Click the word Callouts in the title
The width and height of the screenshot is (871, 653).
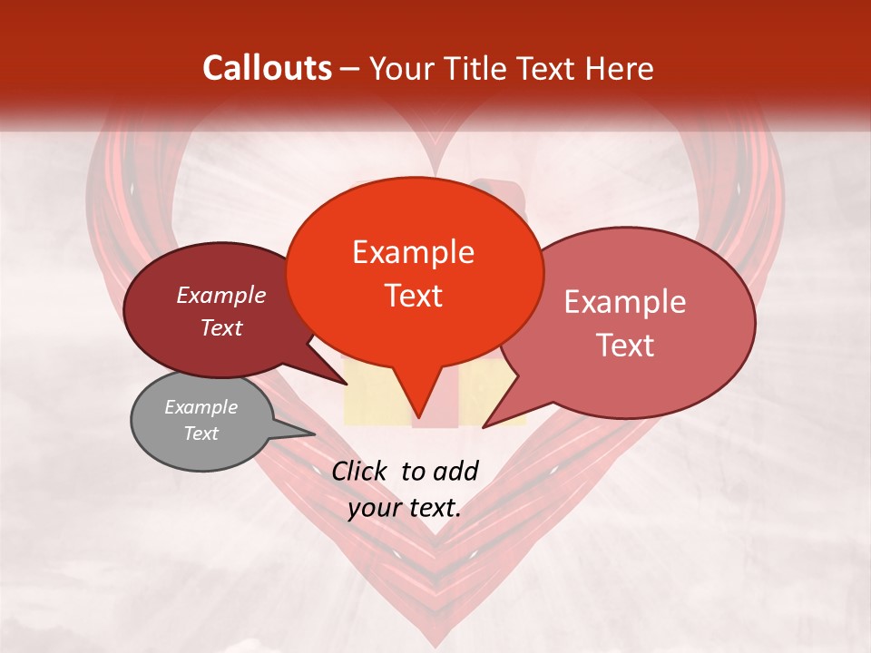click(267, 68)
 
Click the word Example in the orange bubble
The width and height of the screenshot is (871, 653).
click(413, 252)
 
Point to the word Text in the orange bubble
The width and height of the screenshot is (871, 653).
click(413, 296)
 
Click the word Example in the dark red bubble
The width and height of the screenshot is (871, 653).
click(220, 295)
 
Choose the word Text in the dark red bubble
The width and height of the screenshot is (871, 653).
click(220, 327)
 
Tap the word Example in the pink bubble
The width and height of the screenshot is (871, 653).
click(624, 302)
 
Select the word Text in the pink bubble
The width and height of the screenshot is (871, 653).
click(624, 346)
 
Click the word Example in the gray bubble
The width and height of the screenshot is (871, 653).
click(201, 407)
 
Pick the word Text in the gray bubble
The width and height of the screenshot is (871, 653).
click(201, 434)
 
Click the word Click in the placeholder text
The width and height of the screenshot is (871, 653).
click(361, 471)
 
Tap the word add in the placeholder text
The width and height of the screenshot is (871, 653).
click(456, 471)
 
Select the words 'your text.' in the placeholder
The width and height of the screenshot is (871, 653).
click(404, 508)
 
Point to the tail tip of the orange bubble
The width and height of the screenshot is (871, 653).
click(419, 418)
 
